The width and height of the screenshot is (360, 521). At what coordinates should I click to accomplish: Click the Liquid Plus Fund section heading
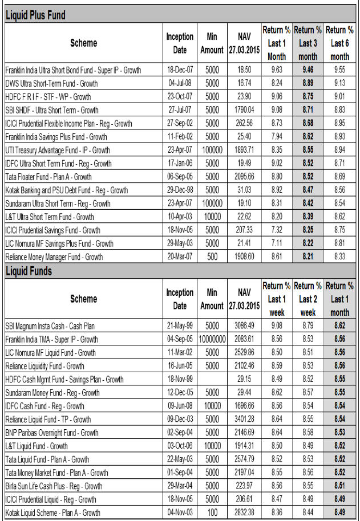35,15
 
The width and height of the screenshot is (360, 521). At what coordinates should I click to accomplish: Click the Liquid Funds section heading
29,271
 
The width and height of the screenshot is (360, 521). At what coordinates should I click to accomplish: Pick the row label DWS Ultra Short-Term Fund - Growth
51,83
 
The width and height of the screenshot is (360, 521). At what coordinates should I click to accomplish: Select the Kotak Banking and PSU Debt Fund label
67,190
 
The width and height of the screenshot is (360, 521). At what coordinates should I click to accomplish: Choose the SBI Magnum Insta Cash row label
50,326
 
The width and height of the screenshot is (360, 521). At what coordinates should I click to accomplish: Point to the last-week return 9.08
276,326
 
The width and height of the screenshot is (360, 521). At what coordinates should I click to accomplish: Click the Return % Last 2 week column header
308,299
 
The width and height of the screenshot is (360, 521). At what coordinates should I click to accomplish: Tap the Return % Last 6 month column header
339,43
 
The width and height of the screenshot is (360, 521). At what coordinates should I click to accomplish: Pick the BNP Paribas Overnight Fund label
52,433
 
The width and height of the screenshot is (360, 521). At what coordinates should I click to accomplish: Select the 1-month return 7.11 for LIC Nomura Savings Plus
276,243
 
